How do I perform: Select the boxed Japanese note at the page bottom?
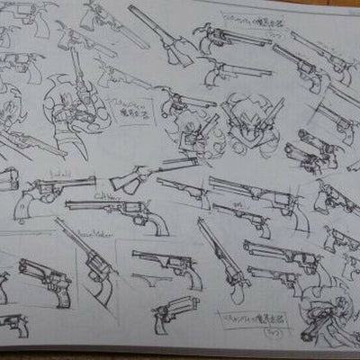click(x=241, y=318)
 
